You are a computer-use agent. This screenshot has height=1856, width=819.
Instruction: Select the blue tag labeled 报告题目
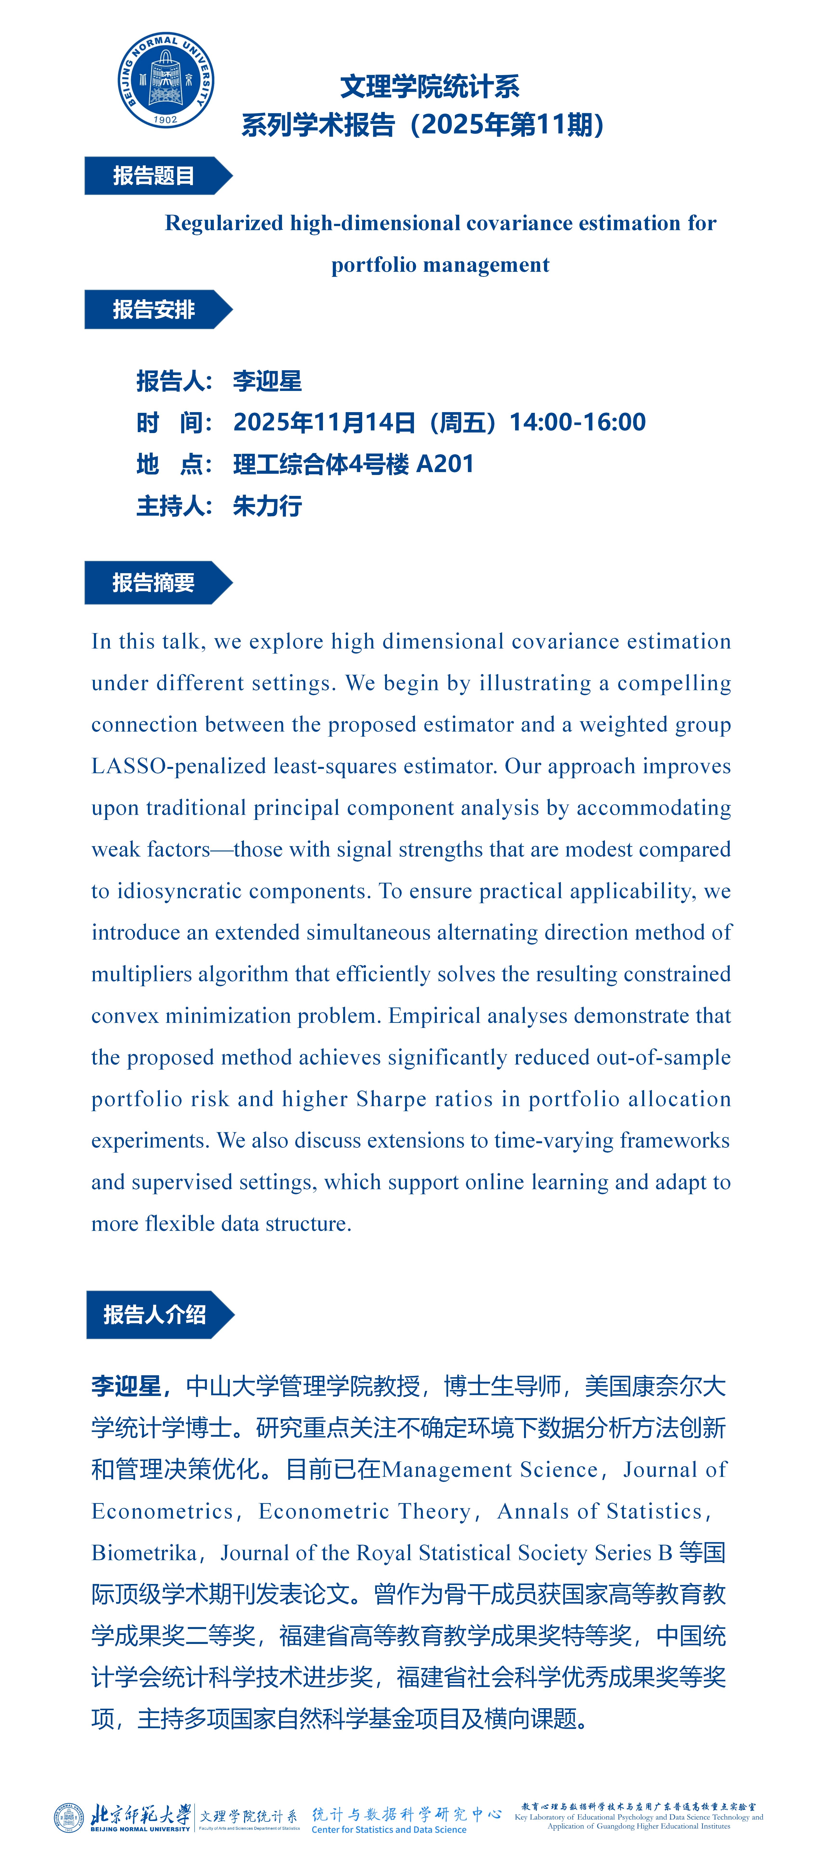(x=153, y=176)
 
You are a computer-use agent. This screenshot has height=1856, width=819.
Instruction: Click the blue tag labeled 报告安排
(x=153, y=310)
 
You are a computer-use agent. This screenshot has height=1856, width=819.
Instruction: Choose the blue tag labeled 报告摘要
(x=153, y=582)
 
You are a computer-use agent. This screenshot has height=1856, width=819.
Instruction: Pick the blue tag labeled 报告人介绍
(x=154, y=1314)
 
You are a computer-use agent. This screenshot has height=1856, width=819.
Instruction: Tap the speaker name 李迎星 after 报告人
(x=267, y=381)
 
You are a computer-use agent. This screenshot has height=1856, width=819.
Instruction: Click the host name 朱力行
(x=267, y=506)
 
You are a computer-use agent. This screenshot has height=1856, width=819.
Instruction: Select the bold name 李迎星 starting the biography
(x=126, y=1386)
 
